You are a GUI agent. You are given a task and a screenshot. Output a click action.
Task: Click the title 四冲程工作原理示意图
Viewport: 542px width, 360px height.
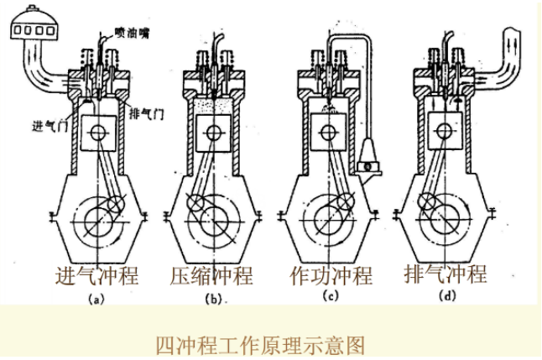261,344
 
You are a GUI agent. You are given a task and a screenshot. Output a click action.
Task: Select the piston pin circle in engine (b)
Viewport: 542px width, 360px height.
214,133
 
